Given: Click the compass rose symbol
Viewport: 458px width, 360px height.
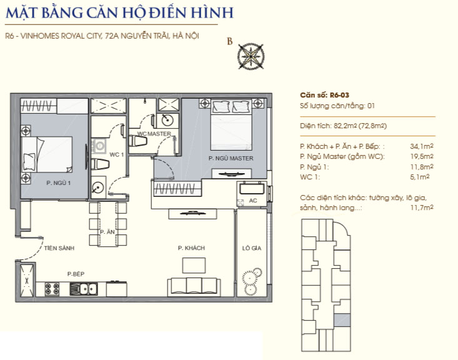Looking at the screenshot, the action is coord(251,56).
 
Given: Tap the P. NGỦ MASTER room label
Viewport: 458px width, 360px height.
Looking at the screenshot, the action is coord(231,158).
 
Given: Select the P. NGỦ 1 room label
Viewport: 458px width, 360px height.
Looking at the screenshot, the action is coord(58,183).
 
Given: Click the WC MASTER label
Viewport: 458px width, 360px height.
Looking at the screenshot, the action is coord(154,134).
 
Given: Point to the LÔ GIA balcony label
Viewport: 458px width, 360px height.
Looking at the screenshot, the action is coord(251,248).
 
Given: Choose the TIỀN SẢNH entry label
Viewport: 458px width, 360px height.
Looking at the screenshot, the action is coord(59,248).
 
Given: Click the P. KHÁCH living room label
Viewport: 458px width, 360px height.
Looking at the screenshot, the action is coord(191,248).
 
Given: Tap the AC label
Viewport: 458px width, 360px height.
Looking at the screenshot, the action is coord(253,201).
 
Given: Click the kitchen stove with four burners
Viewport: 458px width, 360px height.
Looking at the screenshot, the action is coord(52,289).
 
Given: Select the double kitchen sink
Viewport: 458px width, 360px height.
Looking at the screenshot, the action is coord(84,289).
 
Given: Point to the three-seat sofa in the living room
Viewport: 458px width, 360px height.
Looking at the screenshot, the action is coord(194,287).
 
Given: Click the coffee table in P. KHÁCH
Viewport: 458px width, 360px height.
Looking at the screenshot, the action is coord(194,266).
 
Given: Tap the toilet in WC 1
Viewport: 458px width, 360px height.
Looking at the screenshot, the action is coord(100,164).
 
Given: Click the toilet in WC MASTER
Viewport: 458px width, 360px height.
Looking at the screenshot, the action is coord(138,141).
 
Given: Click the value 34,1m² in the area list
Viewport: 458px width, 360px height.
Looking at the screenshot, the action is coord(422,146).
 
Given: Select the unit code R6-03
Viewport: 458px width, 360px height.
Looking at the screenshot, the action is coord(339,95).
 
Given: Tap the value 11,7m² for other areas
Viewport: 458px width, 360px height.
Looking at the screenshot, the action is coord(422,207).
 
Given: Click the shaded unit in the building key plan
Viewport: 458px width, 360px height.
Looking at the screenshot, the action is coord(342,320).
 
